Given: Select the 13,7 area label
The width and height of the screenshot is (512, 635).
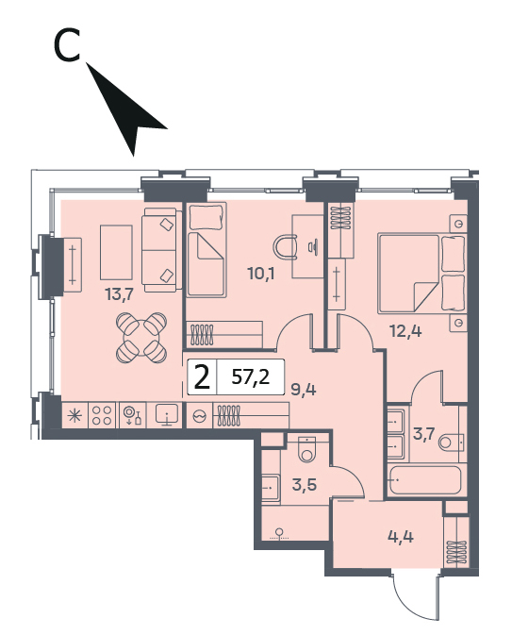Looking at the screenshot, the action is click(119, 294).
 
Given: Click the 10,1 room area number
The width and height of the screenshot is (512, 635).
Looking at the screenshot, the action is click(261, 275).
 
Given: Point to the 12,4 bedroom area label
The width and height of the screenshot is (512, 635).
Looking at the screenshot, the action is click(405, 332).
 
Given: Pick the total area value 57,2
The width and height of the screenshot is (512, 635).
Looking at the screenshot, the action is click(251, 377).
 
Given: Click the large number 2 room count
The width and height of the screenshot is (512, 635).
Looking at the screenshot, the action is click(203, 377).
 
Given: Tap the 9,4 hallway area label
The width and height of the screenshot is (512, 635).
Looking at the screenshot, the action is click(304, 389).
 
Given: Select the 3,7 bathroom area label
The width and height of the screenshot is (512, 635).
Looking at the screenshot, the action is click(423, 434).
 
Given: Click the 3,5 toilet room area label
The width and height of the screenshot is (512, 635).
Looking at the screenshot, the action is click(305, 484).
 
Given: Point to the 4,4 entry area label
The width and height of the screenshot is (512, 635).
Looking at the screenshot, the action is click(401, 537).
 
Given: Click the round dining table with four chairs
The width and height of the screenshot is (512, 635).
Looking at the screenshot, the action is click(141, 338).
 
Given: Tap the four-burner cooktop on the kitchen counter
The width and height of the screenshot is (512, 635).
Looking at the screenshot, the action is click(102, 415).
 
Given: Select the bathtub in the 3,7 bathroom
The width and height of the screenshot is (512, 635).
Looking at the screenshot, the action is click(425, 480).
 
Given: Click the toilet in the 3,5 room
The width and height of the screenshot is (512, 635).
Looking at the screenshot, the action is click(308, 449).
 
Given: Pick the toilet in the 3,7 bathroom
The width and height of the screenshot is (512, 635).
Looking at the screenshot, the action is click(452, 442).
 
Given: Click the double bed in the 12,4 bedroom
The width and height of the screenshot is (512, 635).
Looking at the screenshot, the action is click(421, 273).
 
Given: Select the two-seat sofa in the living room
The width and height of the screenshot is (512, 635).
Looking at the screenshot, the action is click(160, 250).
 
